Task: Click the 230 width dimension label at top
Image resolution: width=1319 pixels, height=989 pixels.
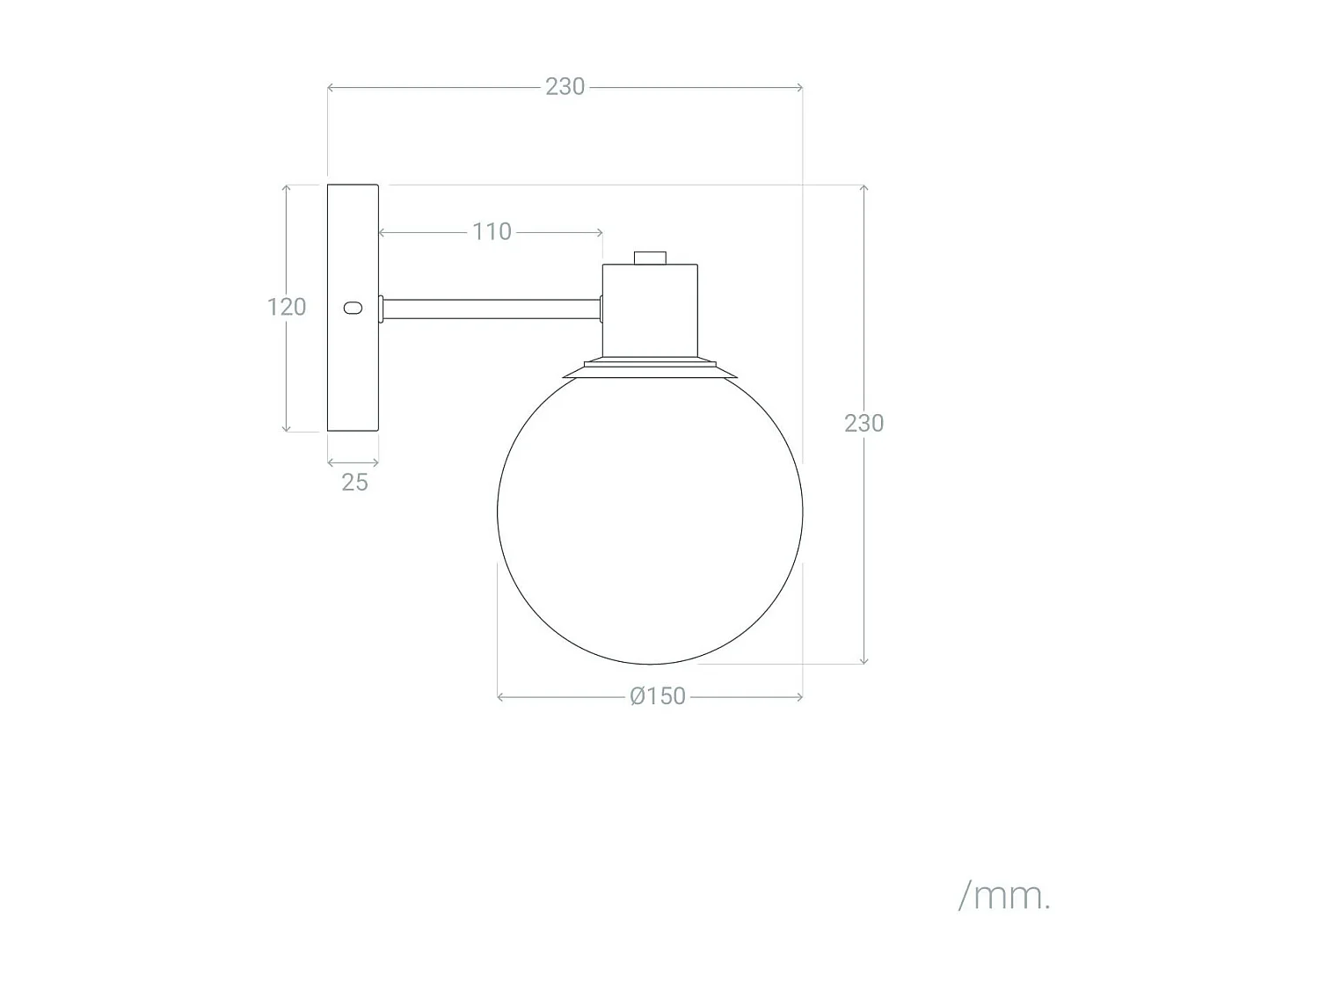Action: point(565,87)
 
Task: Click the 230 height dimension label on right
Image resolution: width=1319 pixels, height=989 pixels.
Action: point(864,424)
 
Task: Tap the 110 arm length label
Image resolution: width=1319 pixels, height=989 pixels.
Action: point(492,232)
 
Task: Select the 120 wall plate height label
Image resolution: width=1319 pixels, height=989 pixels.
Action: point(287,307)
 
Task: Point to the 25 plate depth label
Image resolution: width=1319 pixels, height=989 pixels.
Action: point(354,482)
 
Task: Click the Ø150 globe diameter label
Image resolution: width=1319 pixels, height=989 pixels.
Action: point(658,696)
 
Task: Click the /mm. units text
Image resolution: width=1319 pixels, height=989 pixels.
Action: point(1004,897)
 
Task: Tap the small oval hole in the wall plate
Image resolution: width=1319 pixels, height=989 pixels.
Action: point(352,308)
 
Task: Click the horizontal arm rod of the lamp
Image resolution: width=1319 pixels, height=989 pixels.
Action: point(492,309)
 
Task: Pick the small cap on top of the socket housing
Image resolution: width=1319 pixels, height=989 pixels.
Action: point(650,258)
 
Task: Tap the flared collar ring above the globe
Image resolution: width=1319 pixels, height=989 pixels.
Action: point(650,369)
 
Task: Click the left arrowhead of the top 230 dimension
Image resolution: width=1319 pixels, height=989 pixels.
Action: point(331,87)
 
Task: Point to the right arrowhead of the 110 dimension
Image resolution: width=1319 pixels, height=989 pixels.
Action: point(600,233)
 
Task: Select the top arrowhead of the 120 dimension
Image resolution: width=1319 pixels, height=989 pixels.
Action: point(287,188)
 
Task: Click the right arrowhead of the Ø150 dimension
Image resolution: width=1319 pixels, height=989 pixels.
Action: point(799,696)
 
